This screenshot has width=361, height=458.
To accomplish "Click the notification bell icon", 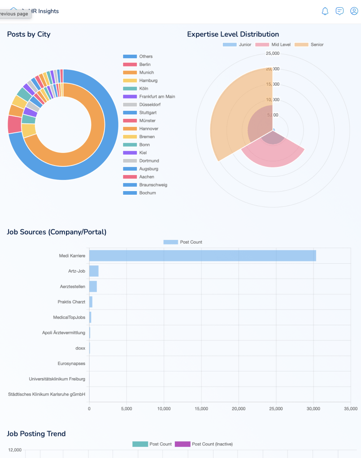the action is tap(325, 11).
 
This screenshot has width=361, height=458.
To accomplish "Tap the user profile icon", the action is tap(354, 11).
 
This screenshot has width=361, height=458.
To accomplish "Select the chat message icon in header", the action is tap(339, 11).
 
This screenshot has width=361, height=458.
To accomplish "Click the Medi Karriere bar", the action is tap(202, 256).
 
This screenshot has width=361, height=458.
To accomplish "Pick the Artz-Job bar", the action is tap(94, 271).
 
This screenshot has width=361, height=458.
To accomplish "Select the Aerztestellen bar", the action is tap(93, 287).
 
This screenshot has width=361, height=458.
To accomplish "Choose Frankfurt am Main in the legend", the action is tap(149, 96).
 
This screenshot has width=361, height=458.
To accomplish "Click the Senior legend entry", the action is tap(309, 45).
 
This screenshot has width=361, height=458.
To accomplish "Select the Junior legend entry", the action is tap(237, 45).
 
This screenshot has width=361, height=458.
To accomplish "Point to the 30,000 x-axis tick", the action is tap(313, 409).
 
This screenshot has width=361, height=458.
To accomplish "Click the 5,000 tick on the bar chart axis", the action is tap(126, 409).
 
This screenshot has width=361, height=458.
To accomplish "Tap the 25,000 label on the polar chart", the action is tap(273, 53).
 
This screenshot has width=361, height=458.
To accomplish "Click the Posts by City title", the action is tap(29, 34).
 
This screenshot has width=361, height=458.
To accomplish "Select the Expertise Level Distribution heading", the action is tap(233, 34).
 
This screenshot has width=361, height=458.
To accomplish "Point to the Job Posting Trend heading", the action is tap(36, 434).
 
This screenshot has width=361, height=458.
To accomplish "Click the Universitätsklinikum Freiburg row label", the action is tap(57, 379).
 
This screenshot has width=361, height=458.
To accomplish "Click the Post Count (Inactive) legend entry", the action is tap(204, 444).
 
